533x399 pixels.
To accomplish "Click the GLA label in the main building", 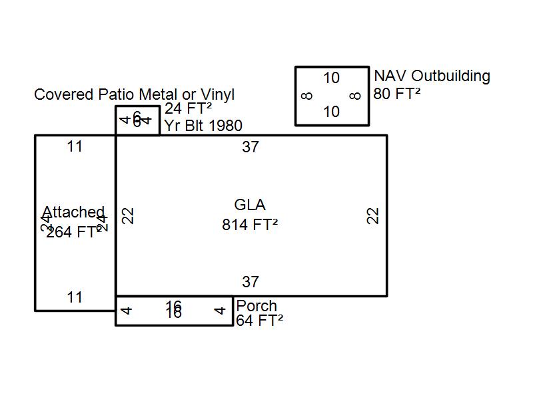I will coord(250,205).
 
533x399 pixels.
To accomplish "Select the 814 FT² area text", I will coord(250,225).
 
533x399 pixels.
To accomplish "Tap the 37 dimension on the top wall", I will coord(251,147).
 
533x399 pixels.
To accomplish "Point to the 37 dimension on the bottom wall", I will coord(251,282).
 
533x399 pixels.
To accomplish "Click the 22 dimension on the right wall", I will coord(373,215).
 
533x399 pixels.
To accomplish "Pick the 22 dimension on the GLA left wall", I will coord(129,215).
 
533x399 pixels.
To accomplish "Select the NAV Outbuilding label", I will coord(432,76).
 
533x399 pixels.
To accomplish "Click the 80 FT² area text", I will coord(397,94).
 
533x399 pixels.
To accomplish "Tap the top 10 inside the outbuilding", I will coord(331,78).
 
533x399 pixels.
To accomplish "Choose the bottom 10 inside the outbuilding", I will coord(331,112).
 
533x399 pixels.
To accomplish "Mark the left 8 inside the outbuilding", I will coord(306,96).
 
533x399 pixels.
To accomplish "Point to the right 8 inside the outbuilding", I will coord(355,96).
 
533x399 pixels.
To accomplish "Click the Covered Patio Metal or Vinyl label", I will coord(134,94).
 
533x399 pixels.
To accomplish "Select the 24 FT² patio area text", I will coord(189,109).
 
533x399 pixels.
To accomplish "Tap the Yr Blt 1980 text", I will coord(203,126).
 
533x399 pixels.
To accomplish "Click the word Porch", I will coord(257,306).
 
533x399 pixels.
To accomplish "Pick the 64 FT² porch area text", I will coord(260,321).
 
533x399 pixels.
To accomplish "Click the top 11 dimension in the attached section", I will coord(75,146).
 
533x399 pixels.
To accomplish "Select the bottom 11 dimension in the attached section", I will coord(75,297).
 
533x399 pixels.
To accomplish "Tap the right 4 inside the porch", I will coord(220,311).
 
